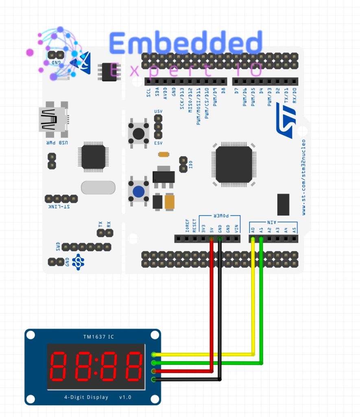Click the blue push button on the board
[x=139, y=191]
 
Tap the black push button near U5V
[x=139, y=133]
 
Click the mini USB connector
[x=53, y=119]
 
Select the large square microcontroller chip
[x=234, y=165]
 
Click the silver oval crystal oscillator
[x=98, y=188]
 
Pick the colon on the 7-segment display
[x=96, y=366]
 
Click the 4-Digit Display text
[x=86, y=397]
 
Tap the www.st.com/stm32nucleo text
[x=304, y=177]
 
